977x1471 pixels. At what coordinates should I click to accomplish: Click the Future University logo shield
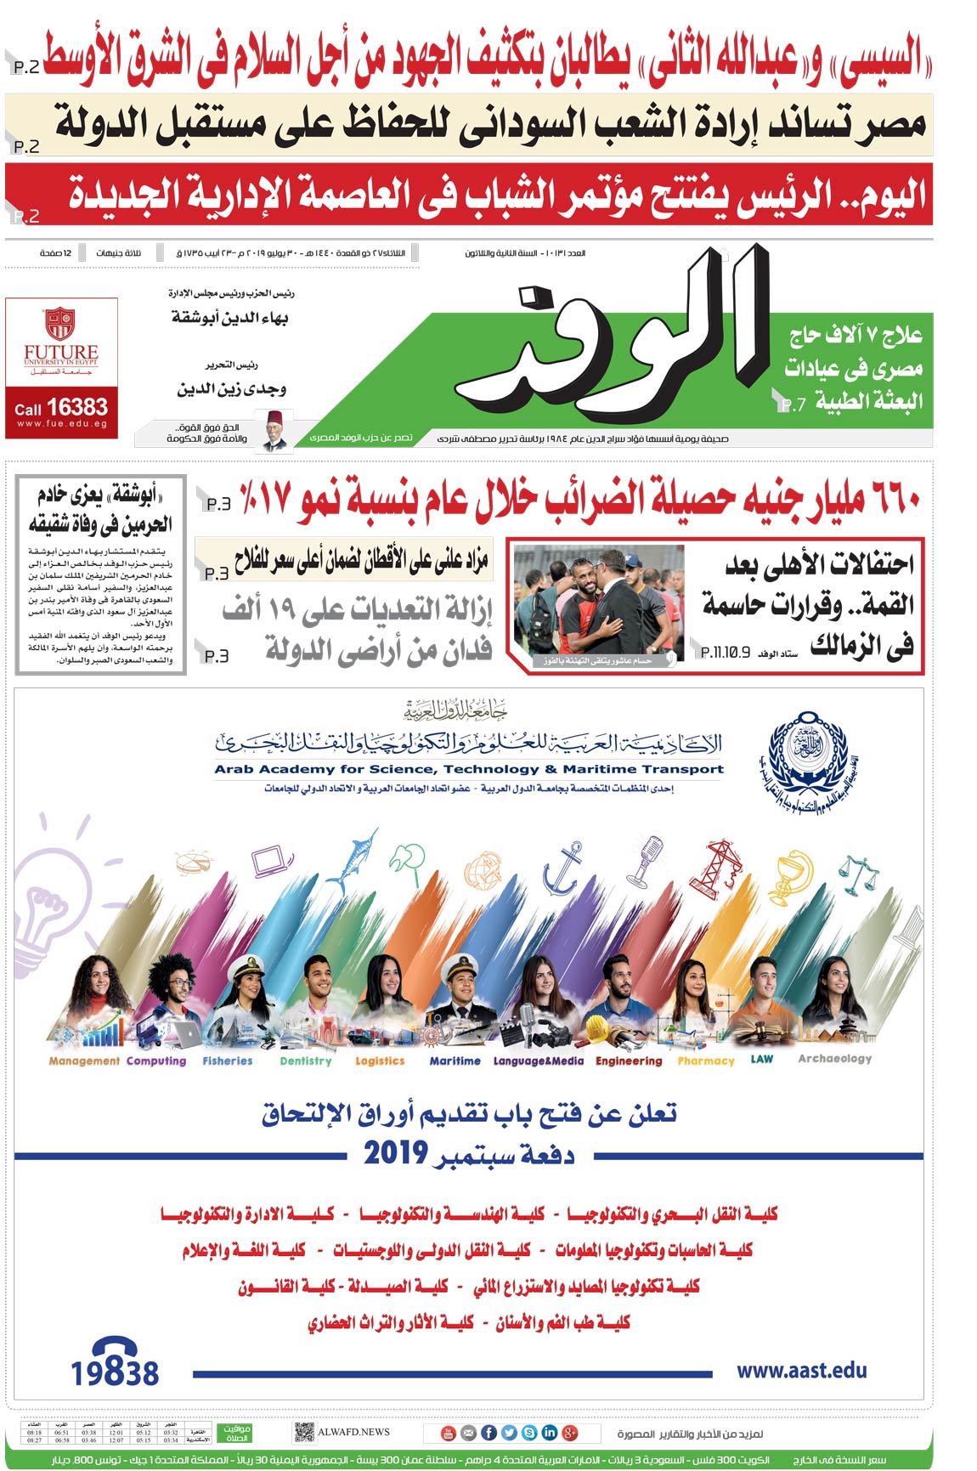pyautogui.click(x=60, y=323)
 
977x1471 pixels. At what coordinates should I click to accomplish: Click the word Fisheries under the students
pyautogui.click(x=228, y=1061)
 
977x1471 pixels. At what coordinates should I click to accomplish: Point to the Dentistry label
pyautogui.click(x=306, y=1061)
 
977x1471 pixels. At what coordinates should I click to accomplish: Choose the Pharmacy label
pyautogui.click(x=706, y=1061)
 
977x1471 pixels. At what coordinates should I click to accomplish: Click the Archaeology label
pyautogui.click(x=834, y=1059)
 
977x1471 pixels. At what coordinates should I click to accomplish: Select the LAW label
pyautogui.click(x=762, y=1059)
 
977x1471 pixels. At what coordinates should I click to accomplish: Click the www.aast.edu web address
pyautogui.click(x=801, y=1370)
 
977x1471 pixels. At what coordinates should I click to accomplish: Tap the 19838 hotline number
pyautogui.click(x=115, y=1372)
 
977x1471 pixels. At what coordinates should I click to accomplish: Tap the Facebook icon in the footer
pyautogui.click(x=488, y=1433)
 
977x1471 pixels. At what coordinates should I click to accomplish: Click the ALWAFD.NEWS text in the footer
pyautogui.click(x=353, y=1432)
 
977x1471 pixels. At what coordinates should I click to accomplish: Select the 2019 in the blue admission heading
pyautogui.click(x=395, y=1153)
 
